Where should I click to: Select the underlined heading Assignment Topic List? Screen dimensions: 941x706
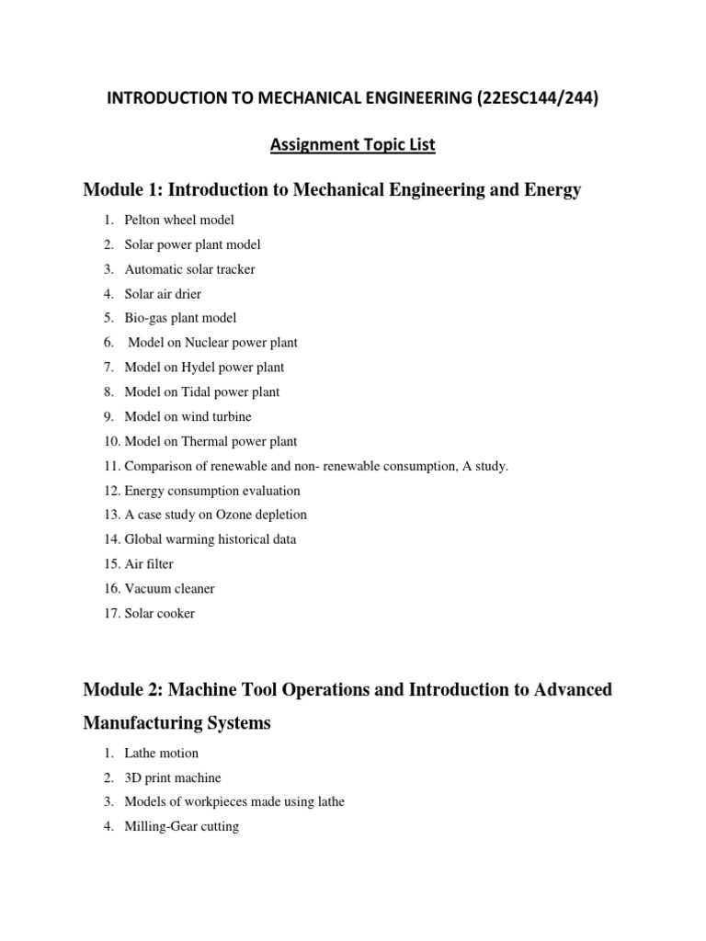click(353, 144)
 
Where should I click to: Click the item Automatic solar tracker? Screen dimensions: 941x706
click(189, 269)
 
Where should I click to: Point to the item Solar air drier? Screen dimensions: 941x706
click(163, 294)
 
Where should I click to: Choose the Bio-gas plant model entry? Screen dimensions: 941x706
click(180, 318)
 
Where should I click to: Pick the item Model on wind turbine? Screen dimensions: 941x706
click(188, 416)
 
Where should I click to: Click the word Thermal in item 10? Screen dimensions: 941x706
click(210, 441)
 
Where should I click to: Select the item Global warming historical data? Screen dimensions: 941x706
click(210, 539)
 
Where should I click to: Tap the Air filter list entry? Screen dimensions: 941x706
click(148, 564)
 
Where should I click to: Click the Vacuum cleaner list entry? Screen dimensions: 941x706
click(169, 588)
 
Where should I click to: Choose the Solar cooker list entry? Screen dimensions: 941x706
click(159, 613)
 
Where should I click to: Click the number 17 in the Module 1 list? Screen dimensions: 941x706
click(111, 613)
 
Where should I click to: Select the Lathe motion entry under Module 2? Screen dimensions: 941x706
click(161, 753)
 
